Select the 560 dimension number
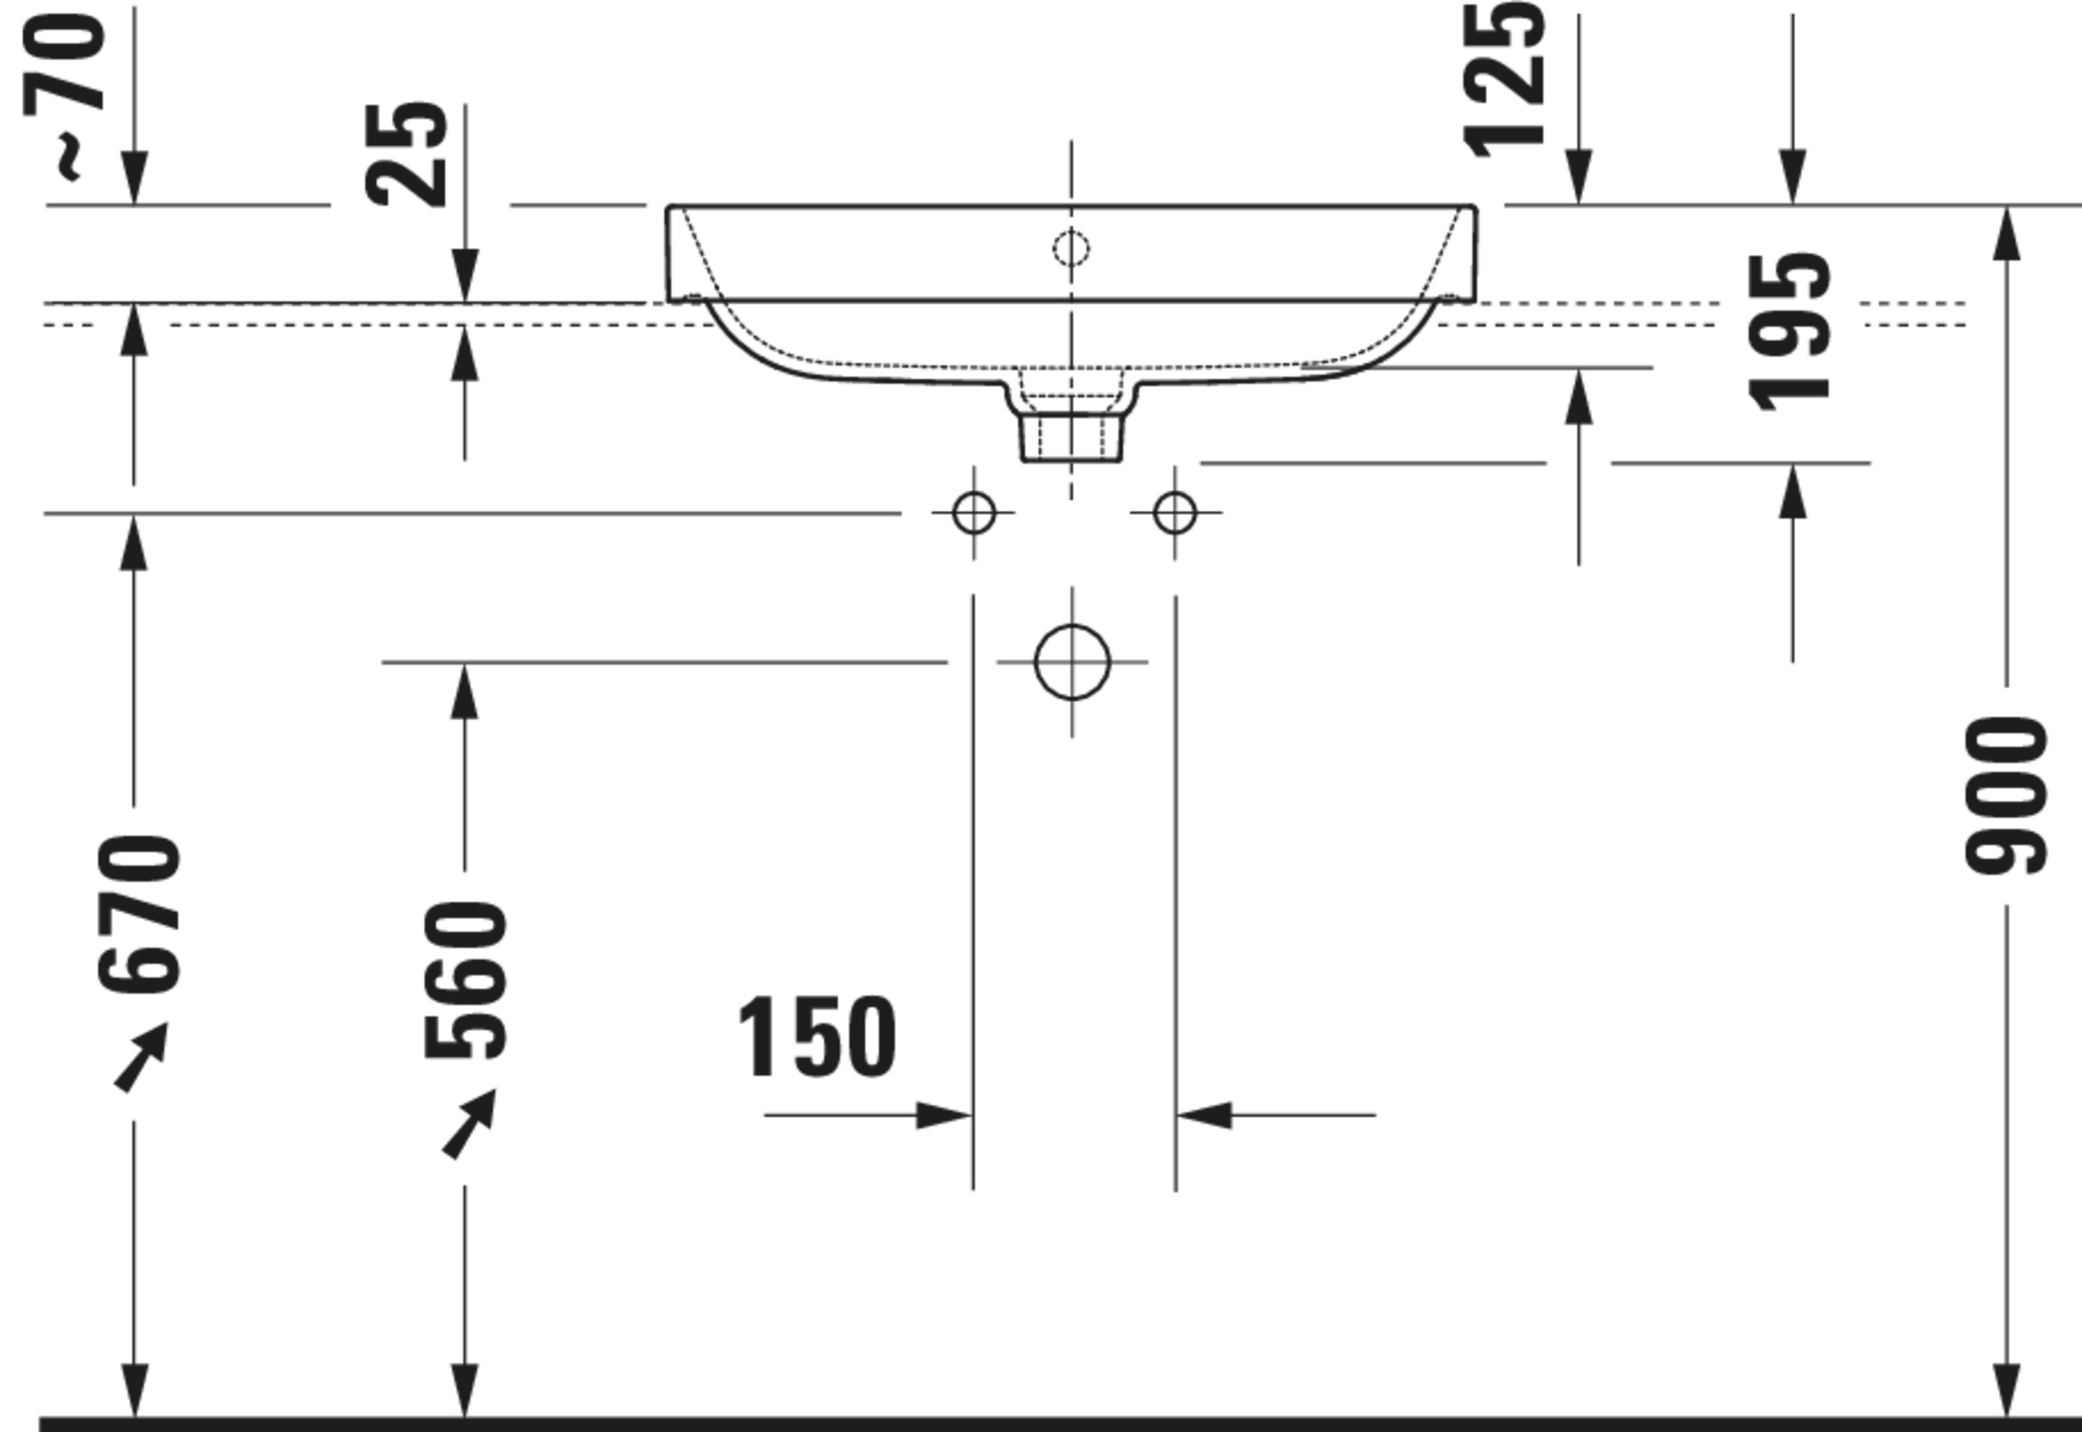coord(466,980)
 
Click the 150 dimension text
coord(815,1037)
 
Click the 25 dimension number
coord(407,154)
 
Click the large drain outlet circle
coord(1072,662)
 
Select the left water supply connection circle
coord(974,512)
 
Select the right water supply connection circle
coord(1175,512)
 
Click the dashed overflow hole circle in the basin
coord(1071,249)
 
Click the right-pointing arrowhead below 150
coord(944,1115)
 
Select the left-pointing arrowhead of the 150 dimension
coord(1204,1115)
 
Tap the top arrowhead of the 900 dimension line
coord(2006,233)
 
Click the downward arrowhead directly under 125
coord(1579,178)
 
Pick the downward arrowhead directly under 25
coord(465,276)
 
